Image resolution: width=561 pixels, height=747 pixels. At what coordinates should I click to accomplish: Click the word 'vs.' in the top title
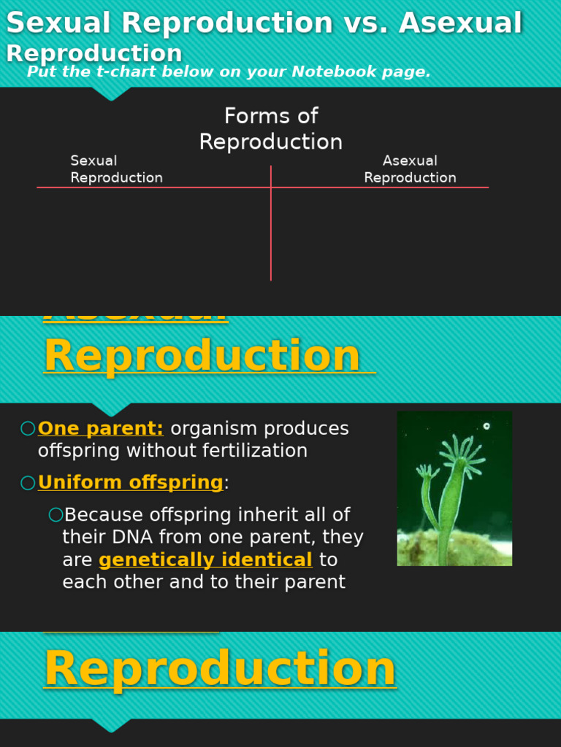[362, 23]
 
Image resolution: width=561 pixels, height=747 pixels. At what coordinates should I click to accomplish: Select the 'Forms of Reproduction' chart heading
[271, 129]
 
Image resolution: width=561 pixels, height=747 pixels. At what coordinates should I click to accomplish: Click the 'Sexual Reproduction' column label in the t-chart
[116, 169]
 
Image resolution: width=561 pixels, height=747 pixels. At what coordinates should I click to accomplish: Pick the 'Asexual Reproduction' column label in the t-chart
[410, 169]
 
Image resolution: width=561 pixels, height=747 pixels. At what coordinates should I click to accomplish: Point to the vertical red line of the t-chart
[271, 233]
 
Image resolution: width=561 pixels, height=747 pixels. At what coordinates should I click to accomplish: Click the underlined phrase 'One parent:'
[101, 429]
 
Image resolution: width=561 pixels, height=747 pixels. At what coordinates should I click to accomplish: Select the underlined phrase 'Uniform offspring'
[130, 483]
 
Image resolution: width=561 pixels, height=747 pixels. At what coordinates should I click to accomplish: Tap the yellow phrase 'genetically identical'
[205, 560]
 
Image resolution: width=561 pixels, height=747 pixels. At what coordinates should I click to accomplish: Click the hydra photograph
[454, 488]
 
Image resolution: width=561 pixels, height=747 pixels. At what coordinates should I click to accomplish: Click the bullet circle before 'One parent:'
[28, 429]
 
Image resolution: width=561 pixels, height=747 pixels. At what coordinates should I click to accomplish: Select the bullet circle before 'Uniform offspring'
[28, 483]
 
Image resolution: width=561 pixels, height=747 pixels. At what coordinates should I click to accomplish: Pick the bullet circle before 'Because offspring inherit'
[56, 515]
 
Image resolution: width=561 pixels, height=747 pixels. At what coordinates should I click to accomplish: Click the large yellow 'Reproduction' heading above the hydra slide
[202, 356]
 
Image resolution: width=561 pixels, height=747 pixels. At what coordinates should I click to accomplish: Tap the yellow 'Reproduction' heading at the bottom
[220, 669]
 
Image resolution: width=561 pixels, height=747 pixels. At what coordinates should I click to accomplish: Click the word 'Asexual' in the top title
[460, 23]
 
